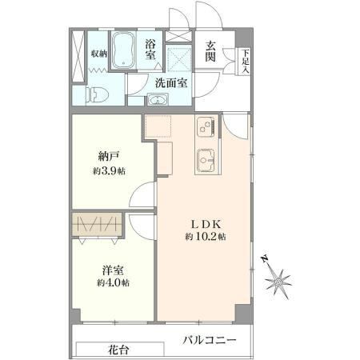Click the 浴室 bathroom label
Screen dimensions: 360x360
click(x=150, y=50)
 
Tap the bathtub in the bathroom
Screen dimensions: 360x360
click(x=123, y=50)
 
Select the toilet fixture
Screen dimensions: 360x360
click(x=97, y=95)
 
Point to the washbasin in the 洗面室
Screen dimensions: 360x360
click(x=158, y=100)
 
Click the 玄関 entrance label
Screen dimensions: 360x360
click(x=210, y=51)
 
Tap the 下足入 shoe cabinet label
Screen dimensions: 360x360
click(x=246, y=62)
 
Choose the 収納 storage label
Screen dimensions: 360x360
click(x=99, y=54)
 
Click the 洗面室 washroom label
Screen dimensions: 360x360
click(x=171, y=83)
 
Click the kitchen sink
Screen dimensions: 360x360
click(x=206, y=160)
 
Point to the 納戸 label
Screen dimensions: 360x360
click(x=109, y=156)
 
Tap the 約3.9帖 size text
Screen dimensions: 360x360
click(x=109, y=171)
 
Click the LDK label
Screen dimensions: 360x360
click(x=206, y=225)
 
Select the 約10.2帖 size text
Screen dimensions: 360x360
click(x=206, y=237)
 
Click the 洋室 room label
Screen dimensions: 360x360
click(x=113, y=270)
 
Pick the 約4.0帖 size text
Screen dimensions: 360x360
click(x=113, y=282)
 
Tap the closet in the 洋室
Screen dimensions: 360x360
click(x=97, y=224)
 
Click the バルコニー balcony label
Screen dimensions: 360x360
click(x=210, y=340)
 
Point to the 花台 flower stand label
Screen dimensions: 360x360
click(x=118, y=350)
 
